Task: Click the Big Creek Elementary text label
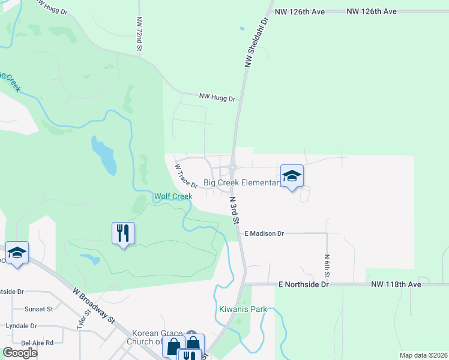242,182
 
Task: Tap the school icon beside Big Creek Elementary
292,176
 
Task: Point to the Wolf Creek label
173,196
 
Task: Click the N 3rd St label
235,209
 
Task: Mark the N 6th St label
328,265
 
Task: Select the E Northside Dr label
303,284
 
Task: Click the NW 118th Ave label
396,284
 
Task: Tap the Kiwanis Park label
243,310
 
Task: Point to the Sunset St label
38,309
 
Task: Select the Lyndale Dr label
21,326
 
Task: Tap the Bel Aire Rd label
37,343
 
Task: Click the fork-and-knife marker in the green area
123,233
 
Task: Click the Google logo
20,352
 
